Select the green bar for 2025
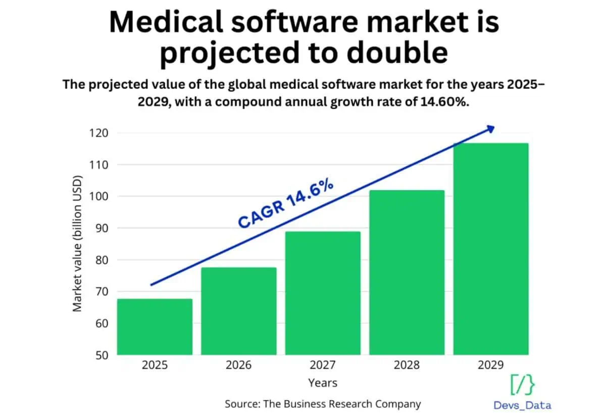coord(155,327)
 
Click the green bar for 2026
coord(238,311)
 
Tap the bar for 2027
coord(323,293)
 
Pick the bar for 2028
coord(407,272)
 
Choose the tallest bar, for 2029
coord(491,249)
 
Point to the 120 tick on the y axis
coord(99,133)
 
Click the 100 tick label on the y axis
coord(99,196)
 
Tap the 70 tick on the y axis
coord(102,292)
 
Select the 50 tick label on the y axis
coord(102,355)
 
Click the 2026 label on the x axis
coord(238,365)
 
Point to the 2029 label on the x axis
coord(491,365)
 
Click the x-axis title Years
coord(323,383)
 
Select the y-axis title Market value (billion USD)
coord(77,244)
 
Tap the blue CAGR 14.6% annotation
coord(286,203)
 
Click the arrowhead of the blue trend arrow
coord(490,129)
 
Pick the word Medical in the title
coord(166,22)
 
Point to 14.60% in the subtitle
coord(445,102)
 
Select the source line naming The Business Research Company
coord(323,404)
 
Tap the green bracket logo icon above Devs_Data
coord(522,385)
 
